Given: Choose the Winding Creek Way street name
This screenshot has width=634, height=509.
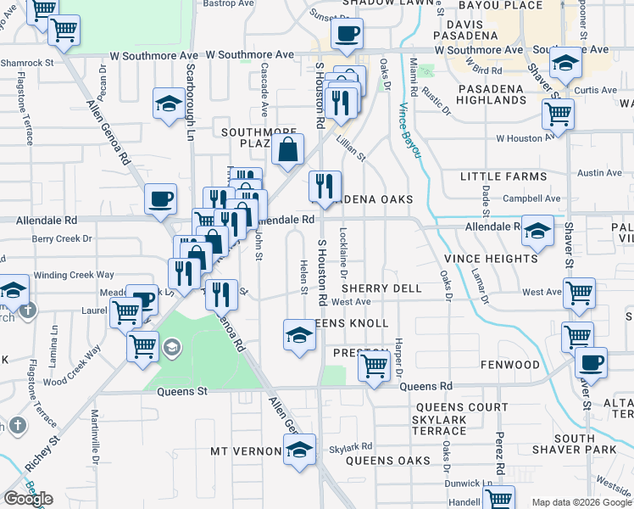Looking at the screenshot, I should [73, 275].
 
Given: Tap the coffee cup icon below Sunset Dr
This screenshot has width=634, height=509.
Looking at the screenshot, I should [346, 35].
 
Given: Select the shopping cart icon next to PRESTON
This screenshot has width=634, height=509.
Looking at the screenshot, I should [373, 366].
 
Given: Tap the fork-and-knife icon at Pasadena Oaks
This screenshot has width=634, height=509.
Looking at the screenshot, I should [325, 187].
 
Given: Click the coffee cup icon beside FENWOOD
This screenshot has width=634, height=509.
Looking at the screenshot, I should [591, 362].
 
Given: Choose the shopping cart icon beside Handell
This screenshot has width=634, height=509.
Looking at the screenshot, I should [499, 497].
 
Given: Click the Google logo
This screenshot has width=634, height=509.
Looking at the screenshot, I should [28, 499].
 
